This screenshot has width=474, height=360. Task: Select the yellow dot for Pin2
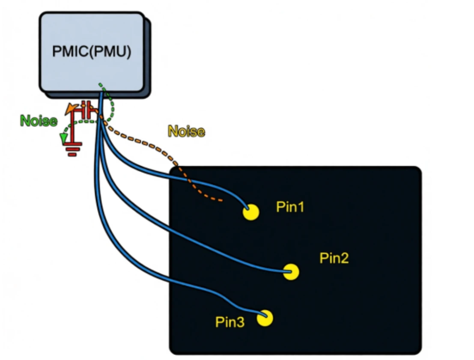(291, 272)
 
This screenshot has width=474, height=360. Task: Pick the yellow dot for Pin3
(265, 318)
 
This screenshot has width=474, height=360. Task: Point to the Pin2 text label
(334, 258)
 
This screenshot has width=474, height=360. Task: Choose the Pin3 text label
(230, 322)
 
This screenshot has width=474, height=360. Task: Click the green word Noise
(38, 121)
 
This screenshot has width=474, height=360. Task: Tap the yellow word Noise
(187, 131)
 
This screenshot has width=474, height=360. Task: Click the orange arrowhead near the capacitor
(69, 110)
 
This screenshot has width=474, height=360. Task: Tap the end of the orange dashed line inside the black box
(222, 200)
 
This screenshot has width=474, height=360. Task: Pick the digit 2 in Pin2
(345, 258)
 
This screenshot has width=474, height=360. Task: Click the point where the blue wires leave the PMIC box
(102, 92)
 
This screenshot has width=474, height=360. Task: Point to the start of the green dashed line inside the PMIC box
(100, 84)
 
